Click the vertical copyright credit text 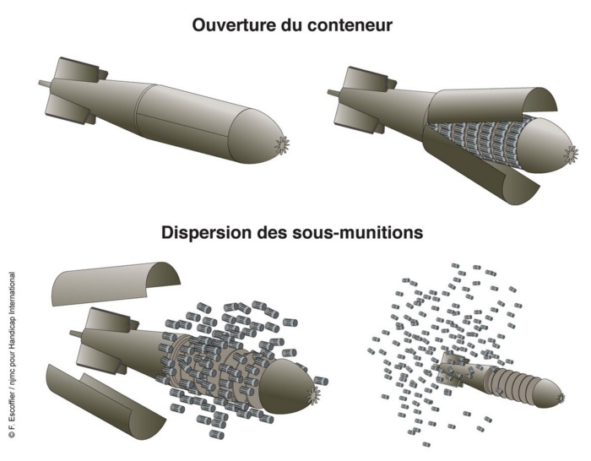pos(11,355)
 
